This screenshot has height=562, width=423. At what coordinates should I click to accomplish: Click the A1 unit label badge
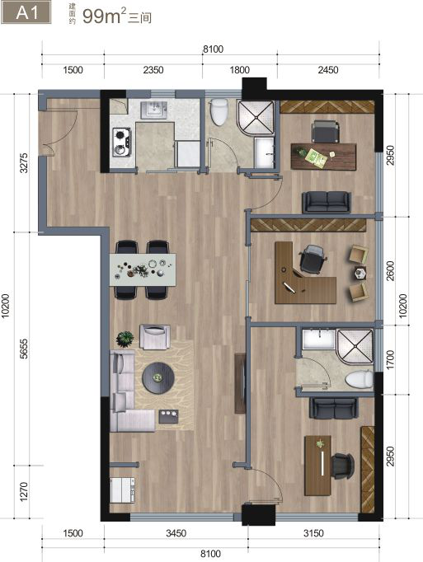coord(26,13)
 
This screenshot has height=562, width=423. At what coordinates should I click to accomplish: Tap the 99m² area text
coord(104,16)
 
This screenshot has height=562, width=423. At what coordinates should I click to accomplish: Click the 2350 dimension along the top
coord(153,69)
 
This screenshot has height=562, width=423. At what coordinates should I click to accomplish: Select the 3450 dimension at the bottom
coord(176,533)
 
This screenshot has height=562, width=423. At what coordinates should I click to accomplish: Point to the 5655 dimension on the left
coord(24,349)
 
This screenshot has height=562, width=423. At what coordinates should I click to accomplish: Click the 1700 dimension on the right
coord(390,359)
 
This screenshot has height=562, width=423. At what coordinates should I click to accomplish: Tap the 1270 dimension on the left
coord(23,492)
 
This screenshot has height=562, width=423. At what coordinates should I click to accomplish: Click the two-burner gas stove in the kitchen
coord(122,143)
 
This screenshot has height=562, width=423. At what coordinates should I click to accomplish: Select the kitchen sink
coord(153,110)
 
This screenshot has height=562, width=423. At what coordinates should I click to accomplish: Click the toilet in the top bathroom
coord(219,111)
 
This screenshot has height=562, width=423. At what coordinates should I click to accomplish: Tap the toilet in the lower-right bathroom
coord(360,380)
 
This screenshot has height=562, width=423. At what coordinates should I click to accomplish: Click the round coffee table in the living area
coord(158,378)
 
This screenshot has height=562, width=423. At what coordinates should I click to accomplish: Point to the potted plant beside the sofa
coord(125,339)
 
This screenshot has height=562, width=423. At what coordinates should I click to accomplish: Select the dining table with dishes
coord(143,269)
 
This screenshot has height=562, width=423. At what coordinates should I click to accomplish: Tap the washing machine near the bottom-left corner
coord(122,490)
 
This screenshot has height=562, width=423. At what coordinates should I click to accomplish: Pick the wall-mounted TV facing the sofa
coord(240,383)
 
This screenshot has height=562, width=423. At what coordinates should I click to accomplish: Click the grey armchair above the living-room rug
coord(155,336)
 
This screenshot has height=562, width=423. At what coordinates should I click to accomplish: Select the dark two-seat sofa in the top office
coord(327,202)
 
